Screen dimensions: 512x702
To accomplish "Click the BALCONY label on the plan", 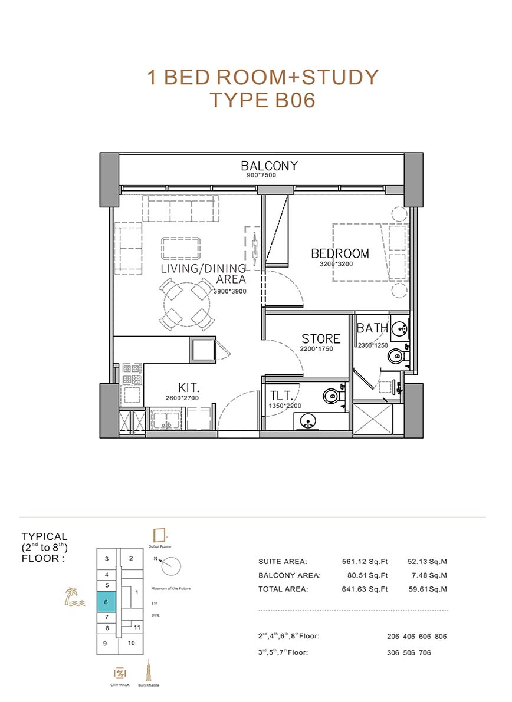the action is (269, 166).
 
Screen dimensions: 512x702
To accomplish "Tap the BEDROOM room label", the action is (340, 253).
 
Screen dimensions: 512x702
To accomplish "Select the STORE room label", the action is (321, 338).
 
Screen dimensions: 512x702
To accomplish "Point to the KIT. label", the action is (189, 388).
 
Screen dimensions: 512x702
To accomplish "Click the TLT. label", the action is (281, 396).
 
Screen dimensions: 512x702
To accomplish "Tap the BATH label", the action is (372, 328).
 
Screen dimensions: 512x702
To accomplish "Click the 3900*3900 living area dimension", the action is (230, 291).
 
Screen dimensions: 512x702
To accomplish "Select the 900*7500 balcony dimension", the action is (261, 175).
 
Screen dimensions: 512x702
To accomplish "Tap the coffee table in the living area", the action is (181, 248).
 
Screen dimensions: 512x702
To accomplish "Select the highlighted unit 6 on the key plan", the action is (106, 602).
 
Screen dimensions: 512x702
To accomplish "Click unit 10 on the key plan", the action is (132, 643).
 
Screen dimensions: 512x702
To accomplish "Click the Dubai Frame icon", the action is (159, 535).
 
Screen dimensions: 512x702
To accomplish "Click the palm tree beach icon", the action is (74, 598).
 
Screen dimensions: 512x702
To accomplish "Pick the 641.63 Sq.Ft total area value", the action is (365, 589).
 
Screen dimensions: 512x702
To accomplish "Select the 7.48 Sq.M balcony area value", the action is (427, 575).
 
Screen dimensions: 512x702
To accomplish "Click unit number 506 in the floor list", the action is (409, 652).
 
